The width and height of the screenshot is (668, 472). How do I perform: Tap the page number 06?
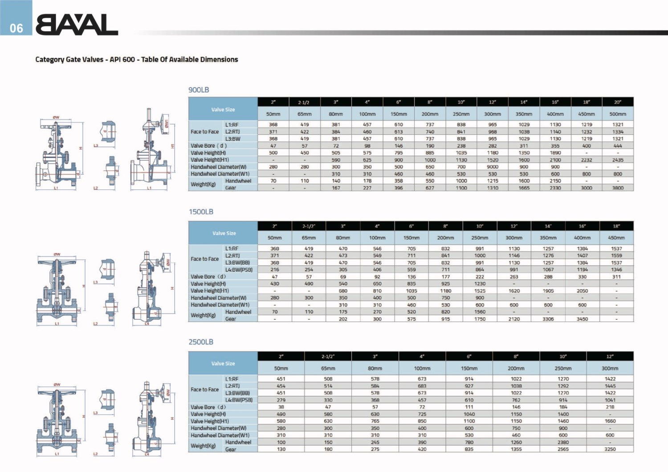click(16, 28)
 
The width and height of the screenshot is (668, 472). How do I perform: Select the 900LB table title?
click(199, 90)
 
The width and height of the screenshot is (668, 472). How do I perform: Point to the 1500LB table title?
click(201, 212)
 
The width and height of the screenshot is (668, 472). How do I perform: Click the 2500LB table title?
click(201, 342)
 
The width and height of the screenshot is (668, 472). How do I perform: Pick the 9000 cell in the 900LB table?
click(493, 167)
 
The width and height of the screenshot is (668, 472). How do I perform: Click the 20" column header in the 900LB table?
click(618, 102)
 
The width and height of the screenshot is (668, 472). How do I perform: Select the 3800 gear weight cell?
click(618, 188)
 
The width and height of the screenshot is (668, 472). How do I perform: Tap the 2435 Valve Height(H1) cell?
click(618, 160)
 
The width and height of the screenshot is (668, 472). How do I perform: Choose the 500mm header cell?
click(618, 114)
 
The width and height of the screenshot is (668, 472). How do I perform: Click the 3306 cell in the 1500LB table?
click(548, 319)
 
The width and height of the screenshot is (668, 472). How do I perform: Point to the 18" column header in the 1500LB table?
click(616, 226)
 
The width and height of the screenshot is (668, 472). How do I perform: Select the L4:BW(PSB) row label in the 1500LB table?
click(239, 270)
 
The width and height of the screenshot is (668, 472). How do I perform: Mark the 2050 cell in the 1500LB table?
click(582, 291)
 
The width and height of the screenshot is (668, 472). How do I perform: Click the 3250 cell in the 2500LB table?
click(610, 449)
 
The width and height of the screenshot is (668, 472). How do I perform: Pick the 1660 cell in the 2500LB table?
click(610, 421)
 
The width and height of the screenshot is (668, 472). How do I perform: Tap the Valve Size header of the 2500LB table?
click(223, 363)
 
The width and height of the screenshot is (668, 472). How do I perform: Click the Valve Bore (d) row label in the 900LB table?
click(208, 146)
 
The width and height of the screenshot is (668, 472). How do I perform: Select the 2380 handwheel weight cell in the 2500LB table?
click(563, 443)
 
